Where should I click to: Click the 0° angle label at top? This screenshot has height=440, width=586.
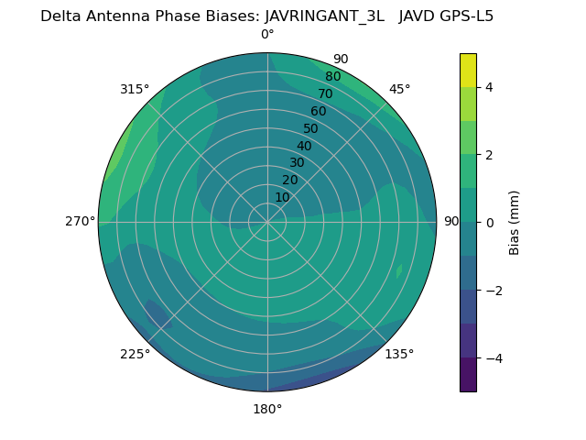point(267,35)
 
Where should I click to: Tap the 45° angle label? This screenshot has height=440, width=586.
point(399,89)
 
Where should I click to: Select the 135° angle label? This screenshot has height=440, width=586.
point(399,354)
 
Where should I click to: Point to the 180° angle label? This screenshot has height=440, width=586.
point(267,409)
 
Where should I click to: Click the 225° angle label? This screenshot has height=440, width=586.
point(135,354)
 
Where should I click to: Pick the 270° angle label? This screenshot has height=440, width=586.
point(80,222)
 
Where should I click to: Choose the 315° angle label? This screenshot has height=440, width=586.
point(135,89)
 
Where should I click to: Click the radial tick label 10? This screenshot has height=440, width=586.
point(282,197)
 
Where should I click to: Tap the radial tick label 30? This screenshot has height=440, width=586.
point(297,163)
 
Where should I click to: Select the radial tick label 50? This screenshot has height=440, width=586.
point(310,129)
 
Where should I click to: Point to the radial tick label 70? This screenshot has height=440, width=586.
point(325,94)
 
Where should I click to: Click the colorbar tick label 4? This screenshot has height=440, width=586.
point(489,87)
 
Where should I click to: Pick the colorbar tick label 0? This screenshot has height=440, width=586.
point(489,223)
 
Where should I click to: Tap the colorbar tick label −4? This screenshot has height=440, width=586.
point(493,358)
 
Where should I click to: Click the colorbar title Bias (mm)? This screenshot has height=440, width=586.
point(515,223)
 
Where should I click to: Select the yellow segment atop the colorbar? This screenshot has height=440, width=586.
point(468,70)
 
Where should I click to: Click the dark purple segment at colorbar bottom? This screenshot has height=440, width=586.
point(468,375)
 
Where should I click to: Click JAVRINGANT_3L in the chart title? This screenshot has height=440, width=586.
point(324,16)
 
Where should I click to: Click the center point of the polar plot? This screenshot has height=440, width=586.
point(267,222)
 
